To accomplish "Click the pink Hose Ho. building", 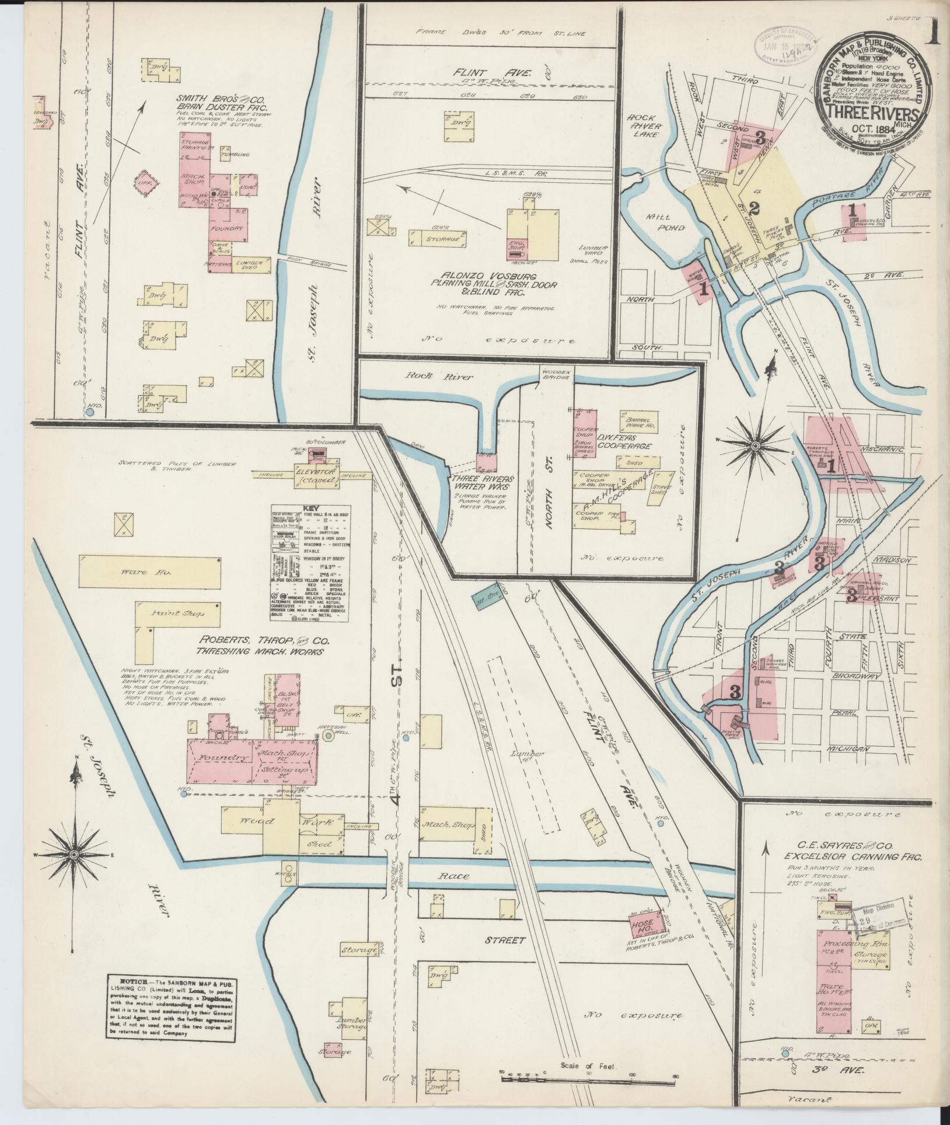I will tap(643, 925).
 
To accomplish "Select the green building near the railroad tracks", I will tap(482, 602).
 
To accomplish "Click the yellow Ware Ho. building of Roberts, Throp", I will tap(151, 572).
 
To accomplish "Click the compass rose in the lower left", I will tap(74, 854).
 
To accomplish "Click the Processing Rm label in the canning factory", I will tap(851, 943).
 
